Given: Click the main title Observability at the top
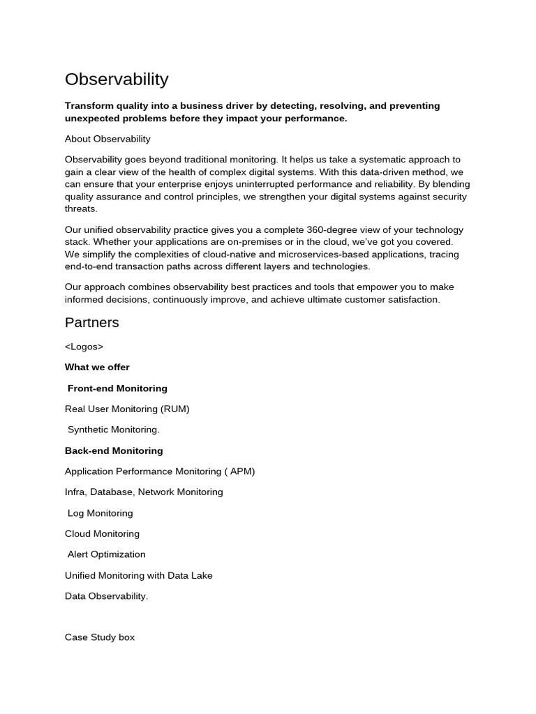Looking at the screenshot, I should click(x=117, y=79).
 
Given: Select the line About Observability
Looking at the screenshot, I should click(x=107, y=139).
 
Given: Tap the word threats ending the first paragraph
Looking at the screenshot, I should click(x=81, y=209).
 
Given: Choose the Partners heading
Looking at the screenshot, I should click(x=92, y=323).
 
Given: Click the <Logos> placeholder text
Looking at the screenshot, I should click(x=84, y=347).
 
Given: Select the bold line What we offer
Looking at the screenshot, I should click(x=97, y=367).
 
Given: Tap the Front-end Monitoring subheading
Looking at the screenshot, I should click(x=117, y=388).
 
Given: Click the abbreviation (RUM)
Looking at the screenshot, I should click(x=174, y=409).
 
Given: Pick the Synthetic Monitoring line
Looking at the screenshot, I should click(x=114, y=430).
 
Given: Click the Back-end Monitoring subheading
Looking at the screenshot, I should click(x=114, y=450).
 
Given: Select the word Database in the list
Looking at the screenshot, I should click(x=112, y=492).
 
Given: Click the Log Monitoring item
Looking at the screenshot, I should click(x=100, y=513).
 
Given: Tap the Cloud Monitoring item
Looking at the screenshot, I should click(x=102, y=534).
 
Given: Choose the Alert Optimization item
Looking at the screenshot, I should click(x=107, y=554).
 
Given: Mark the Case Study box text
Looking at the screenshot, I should click(x=100, y=637).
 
